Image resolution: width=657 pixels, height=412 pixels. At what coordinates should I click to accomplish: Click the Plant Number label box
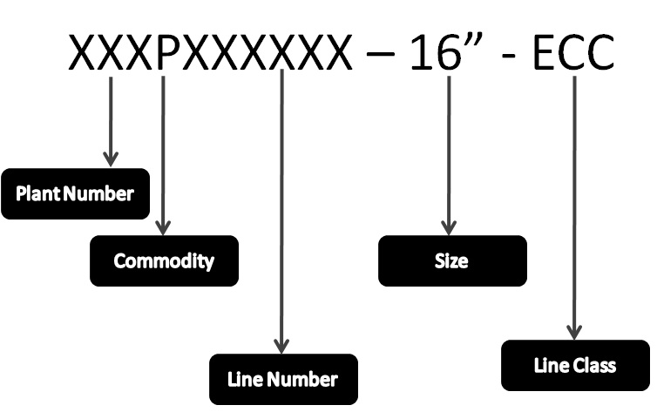point(76,193)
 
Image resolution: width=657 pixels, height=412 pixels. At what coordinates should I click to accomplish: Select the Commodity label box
point(164,260)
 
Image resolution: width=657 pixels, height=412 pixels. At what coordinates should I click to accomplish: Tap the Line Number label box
point(284,380)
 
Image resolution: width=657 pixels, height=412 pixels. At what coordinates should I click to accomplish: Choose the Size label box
point(452,260)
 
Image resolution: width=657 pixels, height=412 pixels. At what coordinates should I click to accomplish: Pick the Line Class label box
point(575,366)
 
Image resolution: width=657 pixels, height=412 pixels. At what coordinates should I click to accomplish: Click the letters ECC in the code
point(574,52)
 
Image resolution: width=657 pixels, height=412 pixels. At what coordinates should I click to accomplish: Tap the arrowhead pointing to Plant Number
point(111,159)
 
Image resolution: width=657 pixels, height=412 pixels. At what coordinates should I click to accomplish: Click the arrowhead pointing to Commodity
point(163,227)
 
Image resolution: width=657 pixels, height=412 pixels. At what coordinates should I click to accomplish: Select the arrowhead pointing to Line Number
point(281,347)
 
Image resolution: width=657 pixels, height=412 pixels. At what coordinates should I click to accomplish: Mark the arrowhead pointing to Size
point(449,227)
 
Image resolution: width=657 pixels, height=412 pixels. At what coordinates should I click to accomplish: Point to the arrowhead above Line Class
point(574,333)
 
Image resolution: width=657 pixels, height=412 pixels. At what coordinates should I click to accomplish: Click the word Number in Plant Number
point(98,194)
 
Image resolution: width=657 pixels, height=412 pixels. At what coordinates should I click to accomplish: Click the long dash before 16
point(380,54)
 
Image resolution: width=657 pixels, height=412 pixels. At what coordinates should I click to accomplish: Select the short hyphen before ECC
point(508,54)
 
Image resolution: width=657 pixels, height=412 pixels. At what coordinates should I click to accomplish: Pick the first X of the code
point(82,52)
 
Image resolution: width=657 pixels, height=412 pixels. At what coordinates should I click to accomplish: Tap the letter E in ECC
point(544,52)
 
